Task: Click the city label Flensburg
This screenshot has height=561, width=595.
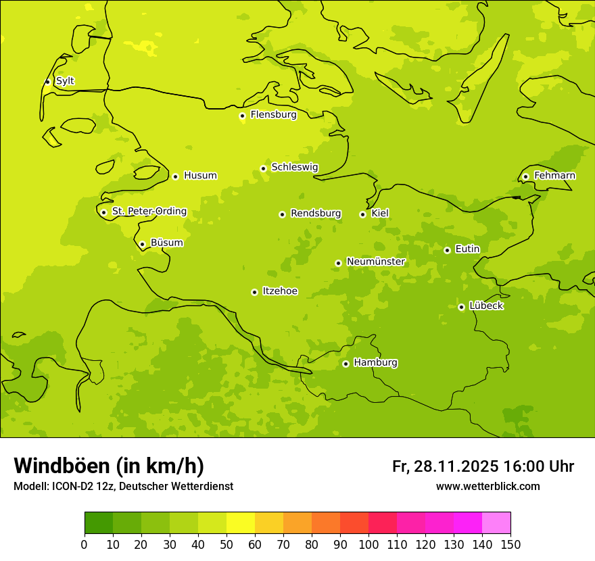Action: click(x=273, y=115)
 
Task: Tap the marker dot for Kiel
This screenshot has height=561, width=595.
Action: click(x=362, y=214)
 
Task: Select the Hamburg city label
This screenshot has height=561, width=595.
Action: click(x=375, y=363)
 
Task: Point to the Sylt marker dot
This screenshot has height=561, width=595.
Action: click(x=47, y=82)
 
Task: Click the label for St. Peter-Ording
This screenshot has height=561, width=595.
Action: click(x=149, y=212)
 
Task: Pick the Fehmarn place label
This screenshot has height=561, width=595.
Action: click(x=554, y=176)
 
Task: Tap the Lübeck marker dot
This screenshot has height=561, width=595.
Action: click(x=461, y=307)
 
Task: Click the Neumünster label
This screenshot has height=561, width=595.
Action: click(x=375, y=262)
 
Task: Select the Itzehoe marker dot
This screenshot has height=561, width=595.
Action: click(x=254, y=292)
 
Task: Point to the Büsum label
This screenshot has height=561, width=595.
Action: click(x=166, y=243)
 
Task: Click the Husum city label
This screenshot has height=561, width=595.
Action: click(x=200, y=176)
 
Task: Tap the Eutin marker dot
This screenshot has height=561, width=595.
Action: click(x=447, y=250)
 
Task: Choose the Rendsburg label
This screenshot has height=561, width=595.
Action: click(x=316, y=214)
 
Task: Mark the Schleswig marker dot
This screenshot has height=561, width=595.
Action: click(x=263, y=168)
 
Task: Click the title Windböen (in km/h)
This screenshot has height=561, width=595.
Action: click(x=109, y=466)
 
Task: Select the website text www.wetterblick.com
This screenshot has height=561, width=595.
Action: click(x=487, y=486)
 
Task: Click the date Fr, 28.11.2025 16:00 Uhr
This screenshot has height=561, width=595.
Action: click(x=483, y=466)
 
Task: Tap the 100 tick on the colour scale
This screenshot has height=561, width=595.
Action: click(x=368, y=544)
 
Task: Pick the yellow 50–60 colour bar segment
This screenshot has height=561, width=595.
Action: click(x=241, y=523)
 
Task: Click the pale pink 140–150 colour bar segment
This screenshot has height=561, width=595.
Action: click(x=496, y=523)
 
